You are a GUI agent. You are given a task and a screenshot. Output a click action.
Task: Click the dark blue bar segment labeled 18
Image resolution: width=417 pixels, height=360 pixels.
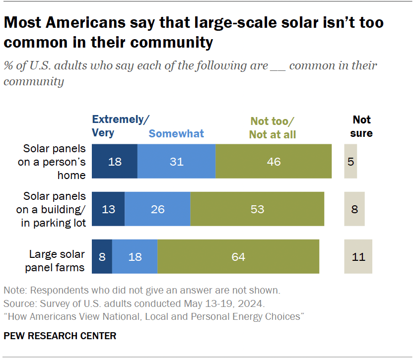(115, 161)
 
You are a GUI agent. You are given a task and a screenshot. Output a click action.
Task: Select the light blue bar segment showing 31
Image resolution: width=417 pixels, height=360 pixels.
(176, 161)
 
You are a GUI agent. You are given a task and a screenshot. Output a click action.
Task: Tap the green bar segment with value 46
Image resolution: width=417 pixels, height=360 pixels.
(274, 161)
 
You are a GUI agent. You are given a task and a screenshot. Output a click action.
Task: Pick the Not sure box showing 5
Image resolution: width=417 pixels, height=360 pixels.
(350, 161)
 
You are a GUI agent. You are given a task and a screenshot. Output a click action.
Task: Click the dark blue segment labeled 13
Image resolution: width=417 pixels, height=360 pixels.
(108, 209)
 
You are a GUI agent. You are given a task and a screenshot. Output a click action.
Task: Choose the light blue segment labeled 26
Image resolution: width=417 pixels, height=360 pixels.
(157, 209)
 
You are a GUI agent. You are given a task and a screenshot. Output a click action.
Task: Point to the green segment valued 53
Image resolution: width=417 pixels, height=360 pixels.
(257, 209)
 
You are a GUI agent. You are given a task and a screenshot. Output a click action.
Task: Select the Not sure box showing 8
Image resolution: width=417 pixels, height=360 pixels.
(354, 209)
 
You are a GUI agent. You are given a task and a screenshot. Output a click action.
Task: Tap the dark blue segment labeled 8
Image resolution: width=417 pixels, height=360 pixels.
(102, 256)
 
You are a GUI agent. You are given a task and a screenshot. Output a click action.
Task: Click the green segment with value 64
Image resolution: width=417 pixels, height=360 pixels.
(238, 256)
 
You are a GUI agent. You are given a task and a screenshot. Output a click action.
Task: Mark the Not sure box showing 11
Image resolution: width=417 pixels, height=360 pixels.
(358, 256)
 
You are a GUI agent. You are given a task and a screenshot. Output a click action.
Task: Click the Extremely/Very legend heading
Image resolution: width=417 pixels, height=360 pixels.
(121, 126)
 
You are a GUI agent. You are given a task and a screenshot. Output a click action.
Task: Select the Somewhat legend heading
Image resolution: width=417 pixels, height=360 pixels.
(176, 133)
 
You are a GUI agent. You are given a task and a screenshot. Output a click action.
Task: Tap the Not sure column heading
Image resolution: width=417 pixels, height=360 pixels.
(362, 126)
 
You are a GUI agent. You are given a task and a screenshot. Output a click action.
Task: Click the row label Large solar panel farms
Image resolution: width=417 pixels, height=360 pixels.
(57, 260)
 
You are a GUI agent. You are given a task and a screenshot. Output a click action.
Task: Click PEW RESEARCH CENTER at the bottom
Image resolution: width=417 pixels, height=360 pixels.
(60, 336)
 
